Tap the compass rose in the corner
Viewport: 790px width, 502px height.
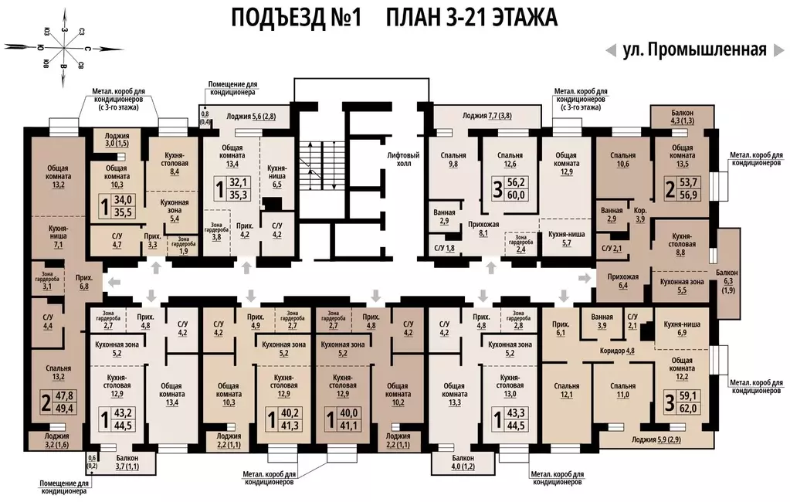66,49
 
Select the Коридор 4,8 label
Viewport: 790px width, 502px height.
619,351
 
